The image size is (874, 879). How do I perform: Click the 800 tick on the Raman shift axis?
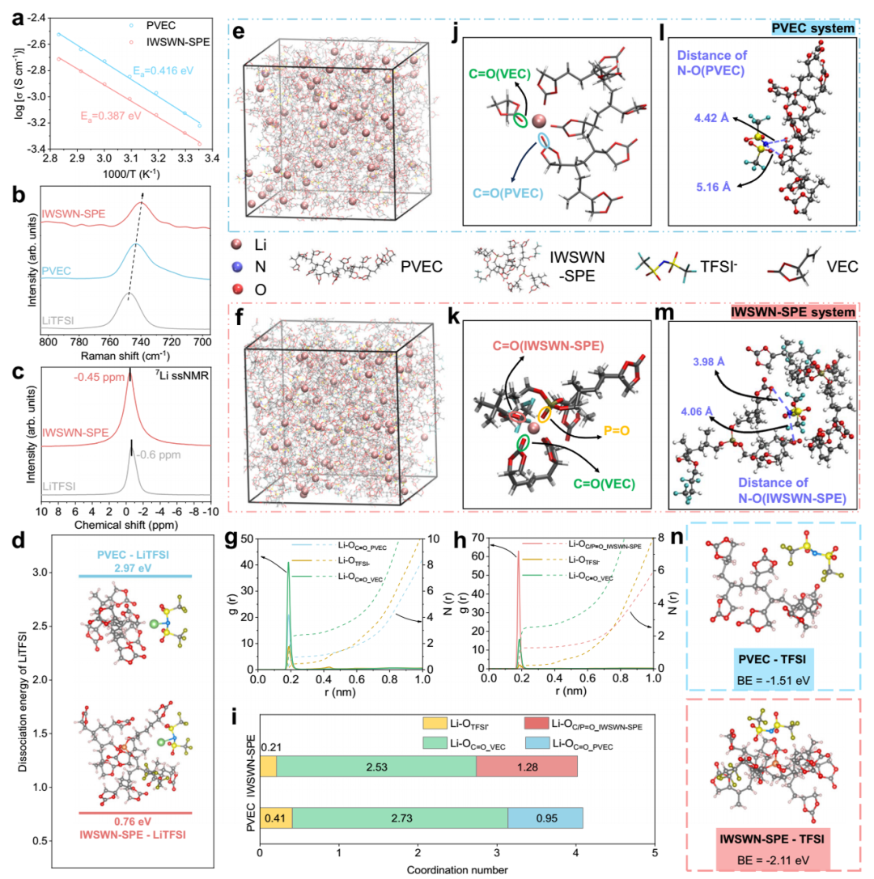pos(48,344)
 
